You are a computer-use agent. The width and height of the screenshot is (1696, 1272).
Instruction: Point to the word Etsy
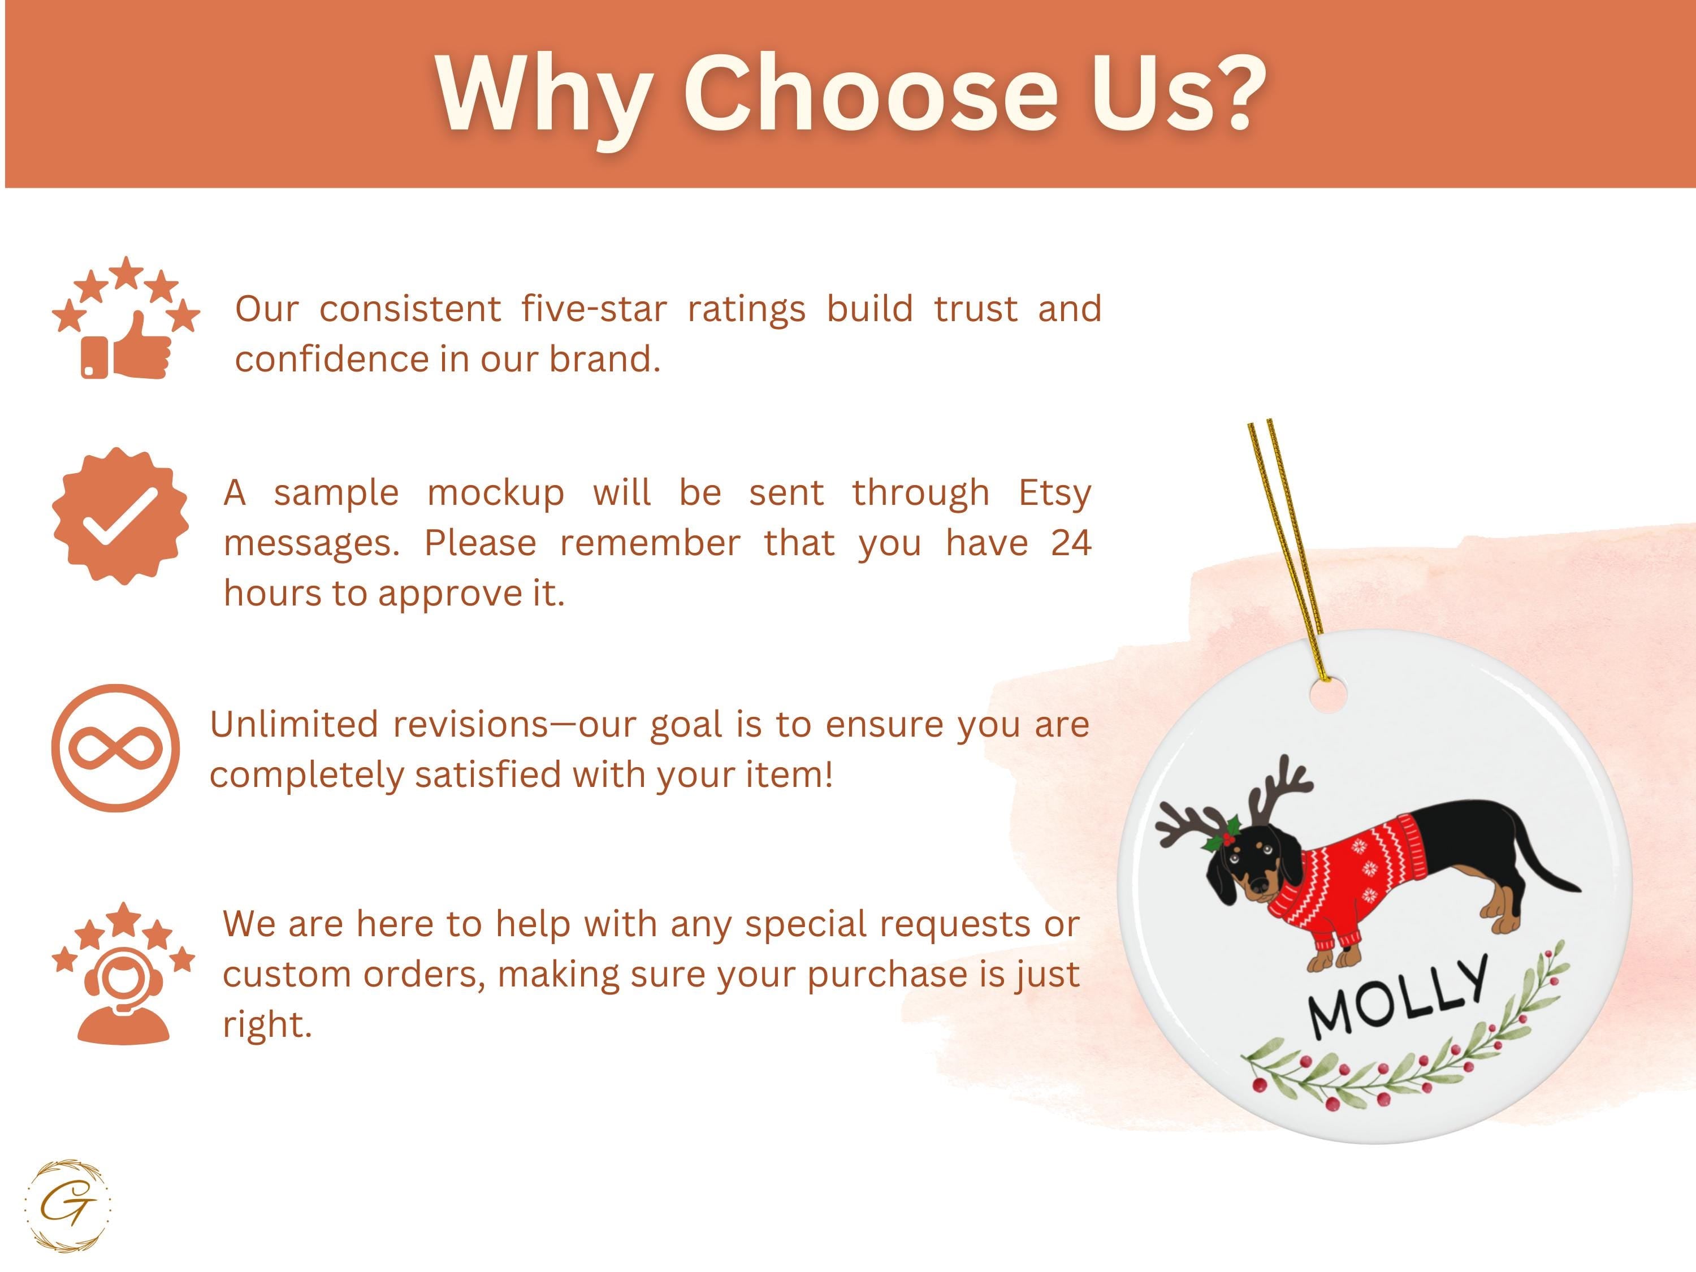(x=1054, y=494)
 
